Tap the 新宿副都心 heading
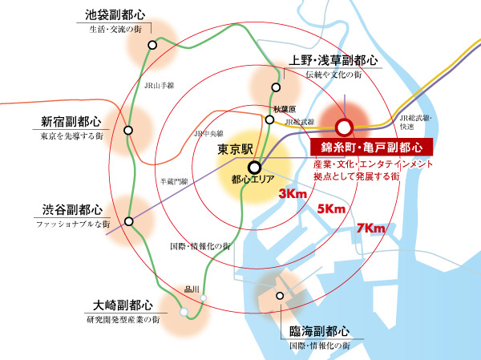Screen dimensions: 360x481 point(71,122)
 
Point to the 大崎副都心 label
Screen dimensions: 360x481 point(122,305)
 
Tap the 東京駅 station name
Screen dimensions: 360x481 point(236,150)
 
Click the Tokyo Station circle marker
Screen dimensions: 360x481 point(254,168)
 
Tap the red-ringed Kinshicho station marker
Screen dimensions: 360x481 point(344,127)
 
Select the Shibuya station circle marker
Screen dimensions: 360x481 point(128,220)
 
